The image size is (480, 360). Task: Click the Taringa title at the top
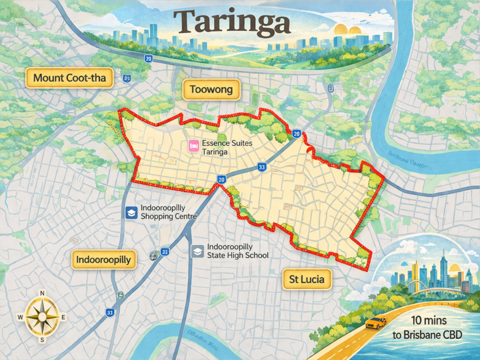(232, 22)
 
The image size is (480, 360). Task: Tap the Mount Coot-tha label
(69, 77)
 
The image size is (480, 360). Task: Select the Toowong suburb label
(211, 90)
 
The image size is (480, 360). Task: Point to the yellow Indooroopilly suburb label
(104, 259)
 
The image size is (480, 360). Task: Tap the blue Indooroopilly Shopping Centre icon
(131, 212)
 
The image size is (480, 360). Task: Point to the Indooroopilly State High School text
(237, 251)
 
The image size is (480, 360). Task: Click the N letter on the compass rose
(42, 293)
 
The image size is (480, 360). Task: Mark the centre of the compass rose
(42, 317)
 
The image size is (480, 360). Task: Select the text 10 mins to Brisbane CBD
(427, 329)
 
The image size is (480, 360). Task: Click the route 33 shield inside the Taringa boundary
(262, 166)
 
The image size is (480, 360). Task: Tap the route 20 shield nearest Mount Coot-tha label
(148, 59)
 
